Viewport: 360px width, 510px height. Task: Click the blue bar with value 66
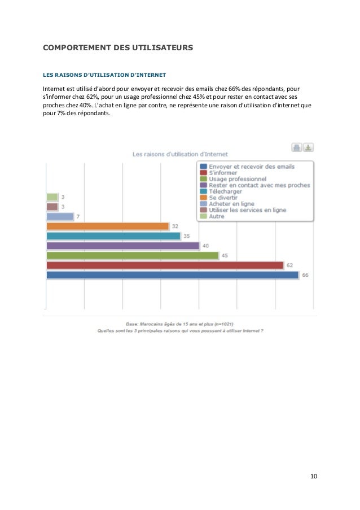click(172, 275)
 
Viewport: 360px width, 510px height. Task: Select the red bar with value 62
click(164, 265)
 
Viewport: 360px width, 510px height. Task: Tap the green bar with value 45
click(132, 255)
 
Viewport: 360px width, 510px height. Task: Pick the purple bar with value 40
click(122, 246)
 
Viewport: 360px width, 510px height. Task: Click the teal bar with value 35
click(113, 236)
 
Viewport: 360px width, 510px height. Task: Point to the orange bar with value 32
click(107, 226)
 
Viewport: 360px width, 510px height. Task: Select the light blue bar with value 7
click(59, 216)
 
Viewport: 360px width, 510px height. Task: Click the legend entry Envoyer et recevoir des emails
click(251, 167)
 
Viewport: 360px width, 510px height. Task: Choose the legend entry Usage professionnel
click(237, 179)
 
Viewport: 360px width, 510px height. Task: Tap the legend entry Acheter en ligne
click(231, 204)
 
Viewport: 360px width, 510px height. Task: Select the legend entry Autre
click(216, 216)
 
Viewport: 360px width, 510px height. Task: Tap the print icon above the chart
click(297, 147)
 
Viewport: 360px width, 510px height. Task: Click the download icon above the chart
click(308, 147)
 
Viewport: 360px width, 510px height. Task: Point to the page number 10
click(313, 476)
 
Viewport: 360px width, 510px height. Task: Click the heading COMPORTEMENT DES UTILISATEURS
click(118, 49)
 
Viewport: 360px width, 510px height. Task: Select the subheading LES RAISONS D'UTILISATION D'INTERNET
click(104, 74)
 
